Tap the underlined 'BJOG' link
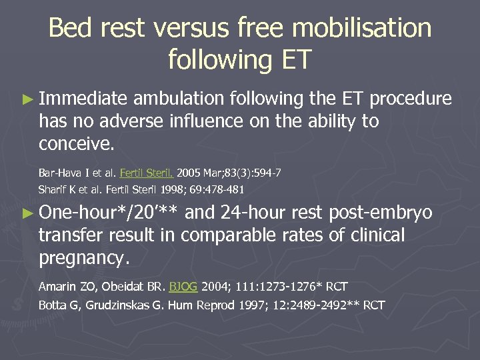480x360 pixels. tap(183, 287)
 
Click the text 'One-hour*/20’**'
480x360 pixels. tap(109, 213)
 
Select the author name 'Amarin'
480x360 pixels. tap(59, 287)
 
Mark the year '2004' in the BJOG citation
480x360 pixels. tap(215, 287)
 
